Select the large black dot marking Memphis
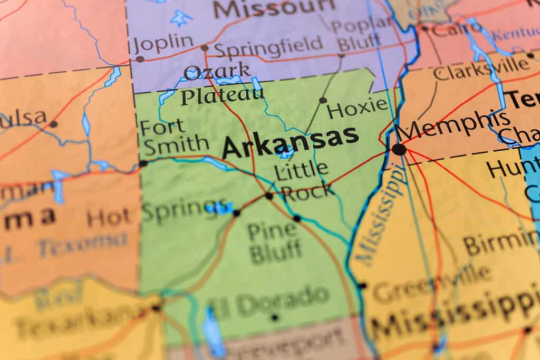[399, 149]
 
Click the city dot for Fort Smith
[143, 163]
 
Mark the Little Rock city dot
[269, 196]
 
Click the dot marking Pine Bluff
[297, 218]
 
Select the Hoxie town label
[358, 109]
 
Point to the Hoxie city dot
[323, 100]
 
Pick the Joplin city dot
[140, 59]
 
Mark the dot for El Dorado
[274, 317]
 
